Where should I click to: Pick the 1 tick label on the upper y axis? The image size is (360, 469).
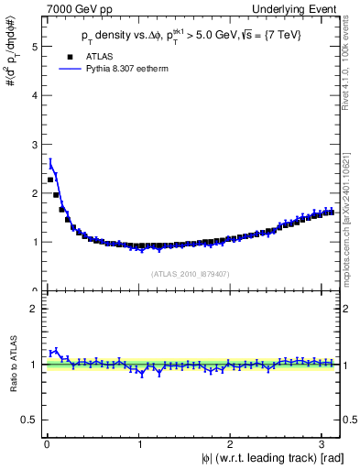point(33,242)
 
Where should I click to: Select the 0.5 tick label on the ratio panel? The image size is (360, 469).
point(29,420)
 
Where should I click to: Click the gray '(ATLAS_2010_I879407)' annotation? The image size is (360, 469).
point(191,273)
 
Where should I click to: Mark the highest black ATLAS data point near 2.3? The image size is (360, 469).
point(50,180)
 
